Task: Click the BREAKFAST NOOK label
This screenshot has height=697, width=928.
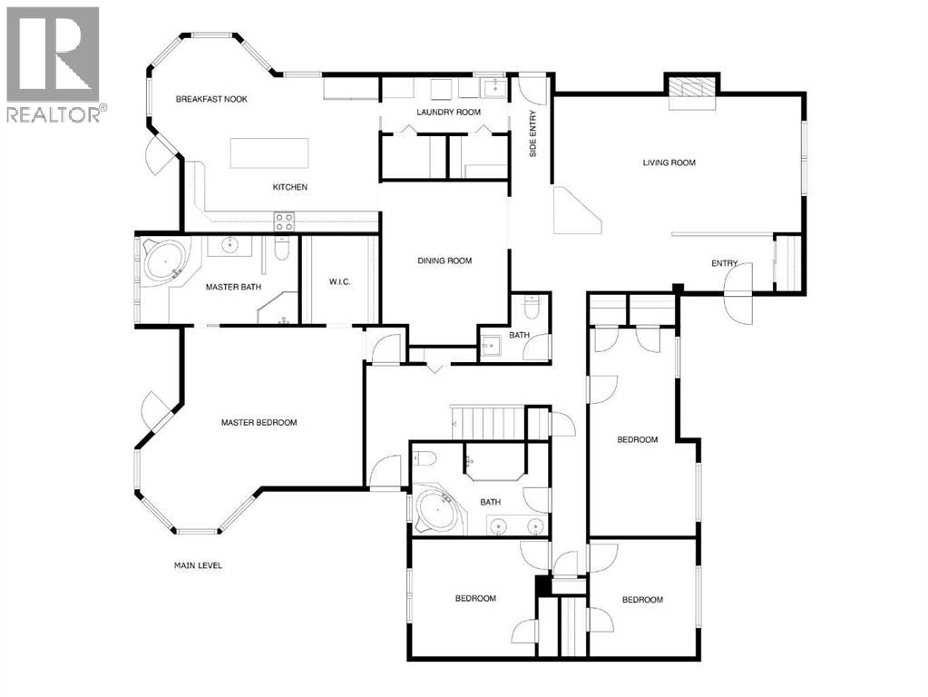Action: click(211, 99)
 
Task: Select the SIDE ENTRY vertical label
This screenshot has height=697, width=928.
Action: click(533, 134)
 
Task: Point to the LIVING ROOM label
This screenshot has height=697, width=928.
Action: click(669, 163)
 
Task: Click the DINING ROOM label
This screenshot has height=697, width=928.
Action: click(444, 261)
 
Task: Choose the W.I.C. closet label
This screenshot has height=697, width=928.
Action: click(339, 282)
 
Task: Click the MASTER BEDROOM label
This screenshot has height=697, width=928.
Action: click(259, 423)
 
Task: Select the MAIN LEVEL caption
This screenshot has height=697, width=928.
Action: click(198, 566)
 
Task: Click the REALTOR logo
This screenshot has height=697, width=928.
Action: click(54, 64)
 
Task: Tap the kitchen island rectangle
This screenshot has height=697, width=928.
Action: click(269, 152)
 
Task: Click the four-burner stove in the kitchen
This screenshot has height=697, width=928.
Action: click(284, 221)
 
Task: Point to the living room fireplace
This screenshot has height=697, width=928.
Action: click(693, 88)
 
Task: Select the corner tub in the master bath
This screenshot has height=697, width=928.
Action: click(165, 264)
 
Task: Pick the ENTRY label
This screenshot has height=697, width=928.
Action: click(724, 264)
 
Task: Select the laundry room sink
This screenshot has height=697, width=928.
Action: click(493, 87)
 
